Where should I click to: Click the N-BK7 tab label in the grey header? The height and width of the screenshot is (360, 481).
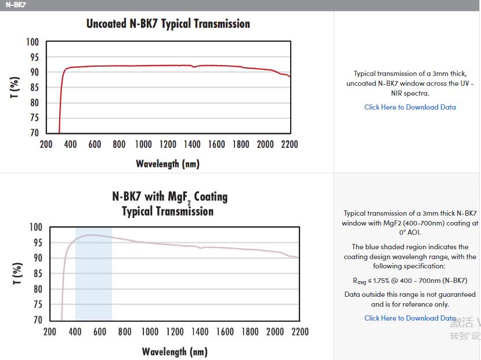click(16, 5)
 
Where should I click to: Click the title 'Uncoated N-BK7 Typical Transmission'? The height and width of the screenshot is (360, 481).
click(168, 24)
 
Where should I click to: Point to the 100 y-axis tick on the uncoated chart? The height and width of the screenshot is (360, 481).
click(32, 42)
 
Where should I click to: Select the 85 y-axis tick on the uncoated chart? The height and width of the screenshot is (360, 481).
click(34, 88)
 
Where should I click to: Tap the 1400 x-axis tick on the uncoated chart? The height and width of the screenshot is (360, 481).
click(192, 144)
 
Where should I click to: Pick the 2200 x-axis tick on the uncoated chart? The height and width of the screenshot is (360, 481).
click(290, 144)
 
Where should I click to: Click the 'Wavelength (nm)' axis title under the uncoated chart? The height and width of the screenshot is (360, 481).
click(168, 164)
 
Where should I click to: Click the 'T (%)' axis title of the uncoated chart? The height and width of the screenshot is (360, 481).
click(15, 88)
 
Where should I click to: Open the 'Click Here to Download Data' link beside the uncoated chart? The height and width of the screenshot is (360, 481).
click(410, 107)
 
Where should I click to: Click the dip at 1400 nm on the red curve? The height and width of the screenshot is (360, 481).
click(194, 67)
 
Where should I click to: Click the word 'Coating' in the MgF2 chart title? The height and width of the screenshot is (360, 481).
click(211, 197)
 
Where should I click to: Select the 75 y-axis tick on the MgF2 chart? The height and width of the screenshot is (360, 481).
click(38, 304)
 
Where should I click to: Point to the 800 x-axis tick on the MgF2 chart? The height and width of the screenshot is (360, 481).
click(125, 332)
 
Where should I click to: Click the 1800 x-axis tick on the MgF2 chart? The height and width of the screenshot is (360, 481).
click(250, 332)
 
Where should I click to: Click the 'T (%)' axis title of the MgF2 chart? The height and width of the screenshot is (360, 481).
click(17, 273)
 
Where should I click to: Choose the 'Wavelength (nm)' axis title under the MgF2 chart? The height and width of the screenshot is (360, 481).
click(175, 352)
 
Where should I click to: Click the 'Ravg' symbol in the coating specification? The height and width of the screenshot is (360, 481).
click(360, 281)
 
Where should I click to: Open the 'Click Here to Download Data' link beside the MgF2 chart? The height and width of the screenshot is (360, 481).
click(410, 318)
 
